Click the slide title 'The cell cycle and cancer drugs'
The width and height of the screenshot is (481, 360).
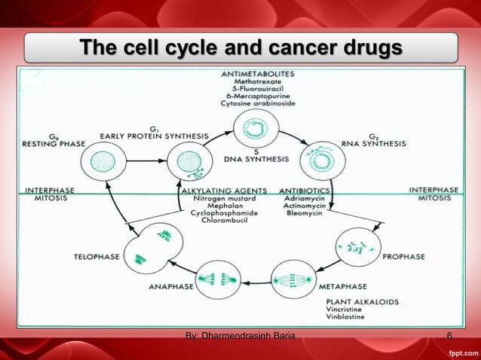point(241,48)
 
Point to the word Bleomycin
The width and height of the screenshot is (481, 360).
point(305,213)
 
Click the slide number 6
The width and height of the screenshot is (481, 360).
point(449,336)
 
